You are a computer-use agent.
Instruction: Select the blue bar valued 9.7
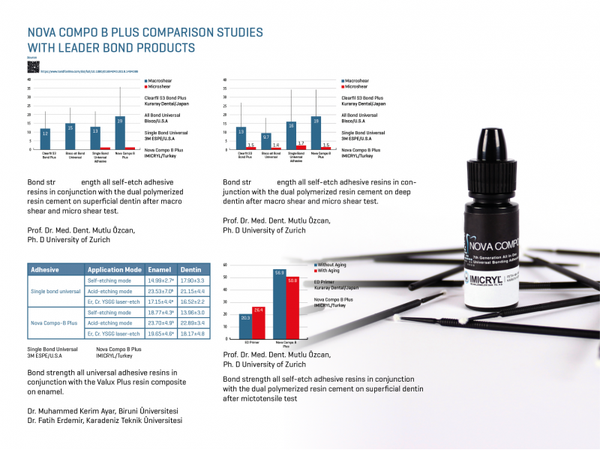pos(265,141)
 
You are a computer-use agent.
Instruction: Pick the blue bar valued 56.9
pos(279,307)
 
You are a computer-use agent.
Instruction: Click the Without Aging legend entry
pos(331,264)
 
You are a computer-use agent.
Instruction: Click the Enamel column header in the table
pos(160,269)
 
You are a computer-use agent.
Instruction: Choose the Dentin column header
pos(191,269)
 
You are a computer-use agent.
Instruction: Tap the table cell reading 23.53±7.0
pos(160,291)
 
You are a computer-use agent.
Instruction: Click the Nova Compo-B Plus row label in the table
pos(54,322)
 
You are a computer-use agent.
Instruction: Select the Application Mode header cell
pos(114,269)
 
